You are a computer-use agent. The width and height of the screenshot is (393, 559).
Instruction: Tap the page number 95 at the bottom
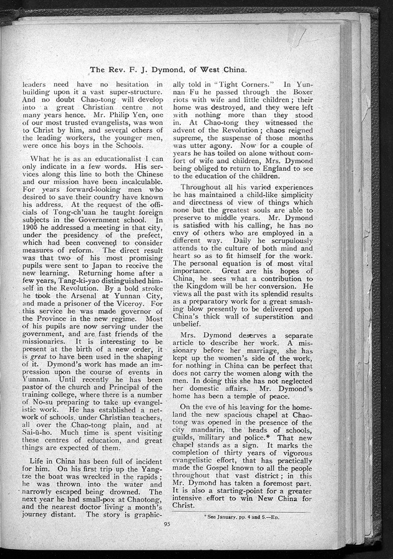[x=167, y=523]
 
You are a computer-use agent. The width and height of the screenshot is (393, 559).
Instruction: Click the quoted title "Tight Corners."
[x=233, y=84]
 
